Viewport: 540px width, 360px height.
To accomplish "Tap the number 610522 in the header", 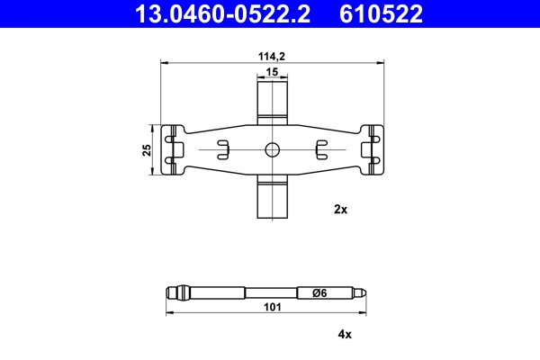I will coord(382,13).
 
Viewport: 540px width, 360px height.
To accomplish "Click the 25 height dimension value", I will coord(147,150).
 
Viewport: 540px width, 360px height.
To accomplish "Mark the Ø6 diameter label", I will coord(318,292).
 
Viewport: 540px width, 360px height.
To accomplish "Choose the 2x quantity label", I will coord(340,209).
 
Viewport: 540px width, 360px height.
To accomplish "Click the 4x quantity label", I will coord(343,334).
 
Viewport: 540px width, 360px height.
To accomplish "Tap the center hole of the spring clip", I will coord(272,149).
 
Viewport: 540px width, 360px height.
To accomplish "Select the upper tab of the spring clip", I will coord(272,99).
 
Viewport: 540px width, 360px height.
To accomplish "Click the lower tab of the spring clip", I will coord(272,198).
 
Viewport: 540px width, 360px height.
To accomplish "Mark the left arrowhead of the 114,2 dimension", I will coord(162,62).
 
